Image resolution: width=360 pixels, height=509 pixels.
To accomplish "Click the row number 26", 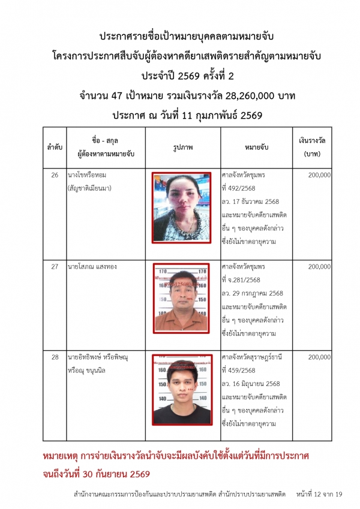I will pos(55,176).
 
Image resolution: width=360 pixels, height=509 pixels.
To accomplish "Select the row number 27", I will pos(55,266).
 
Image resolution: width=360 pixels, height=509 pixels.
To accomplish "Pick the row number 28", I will pos(55,357).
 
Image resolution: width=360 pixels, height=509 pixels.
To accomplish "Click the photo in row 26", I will pos(181,206).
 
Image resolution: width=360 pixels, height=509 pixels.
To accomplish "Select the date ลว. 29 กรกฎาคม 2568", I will pos(253,293).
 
